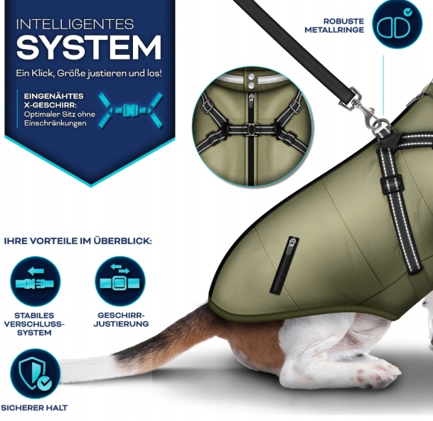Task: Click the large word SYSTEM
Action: coord(89,48)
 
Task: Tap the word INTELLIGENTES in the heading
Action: coord(75,24)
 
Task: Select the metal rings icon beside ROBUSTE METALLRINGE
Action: coord(397,24)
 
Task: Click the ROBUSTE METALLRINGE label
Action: coord(334,26)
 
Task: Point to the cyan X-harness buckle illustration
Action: coord(131,110)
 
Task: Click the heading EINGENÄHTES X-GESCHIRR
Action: coord(53,100)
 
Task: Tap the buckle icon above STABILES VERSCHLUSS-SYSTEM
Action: coord(35,282)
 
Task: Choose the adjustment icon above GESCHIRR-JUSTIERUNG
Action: coord(120,282)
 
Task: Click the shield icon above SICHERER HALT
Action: coord(35,373)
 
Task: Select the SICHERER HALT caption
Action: coord(34,407)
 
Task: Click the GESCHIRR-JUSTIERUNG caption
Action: coord(121,319)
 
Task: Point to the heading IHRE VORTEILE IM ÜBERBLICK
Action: coord(78,241)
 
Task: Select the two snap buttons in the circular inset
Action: coord(251,80)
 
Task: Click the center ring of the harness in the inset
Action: coord(251,129)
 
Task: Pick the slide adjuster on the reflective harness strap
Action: coord(391,183)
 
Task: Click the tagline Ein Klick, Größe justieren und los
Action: coord(89,73)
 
